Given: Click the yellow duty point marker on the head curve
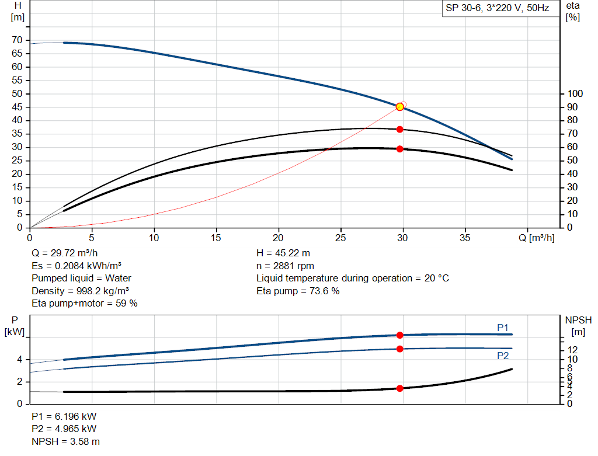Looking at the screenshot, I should (x=399, y=107).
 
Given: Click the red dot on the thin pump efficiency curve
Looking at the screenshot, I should (x=399, y=129).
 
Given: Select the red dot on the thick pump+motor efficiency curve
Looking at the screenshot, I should (x=399, y=149).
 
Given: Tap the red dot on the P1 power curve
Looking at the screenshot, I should (x=399, y=335).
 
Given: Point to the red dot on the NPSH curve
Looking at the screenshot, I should (x=399, y=388).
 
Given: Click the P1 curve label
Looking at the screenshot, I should (x=503, y=328).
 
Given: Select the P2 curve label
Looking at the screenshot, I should (x=503, y=355).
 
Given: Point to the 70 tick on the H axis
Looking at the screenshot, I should (x=18, y=40).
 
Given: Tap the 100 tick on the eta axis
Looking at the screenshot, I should (x=575, y=94).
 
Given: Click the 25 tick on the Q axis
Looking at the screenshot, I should (x=341, y=238).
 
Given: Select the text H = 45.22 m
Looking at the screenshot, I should (x=283, y=253).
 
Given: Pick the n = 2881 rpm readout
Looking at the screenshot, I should (x=285, y=266).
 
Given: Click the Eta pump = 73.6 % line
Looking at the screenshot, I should (x=298, y=291).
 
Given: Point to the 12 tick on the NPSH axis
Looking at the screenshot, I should (x=576, y=349).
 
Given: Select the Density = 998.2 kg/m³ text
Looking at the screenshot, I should (x=81, y=291).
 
